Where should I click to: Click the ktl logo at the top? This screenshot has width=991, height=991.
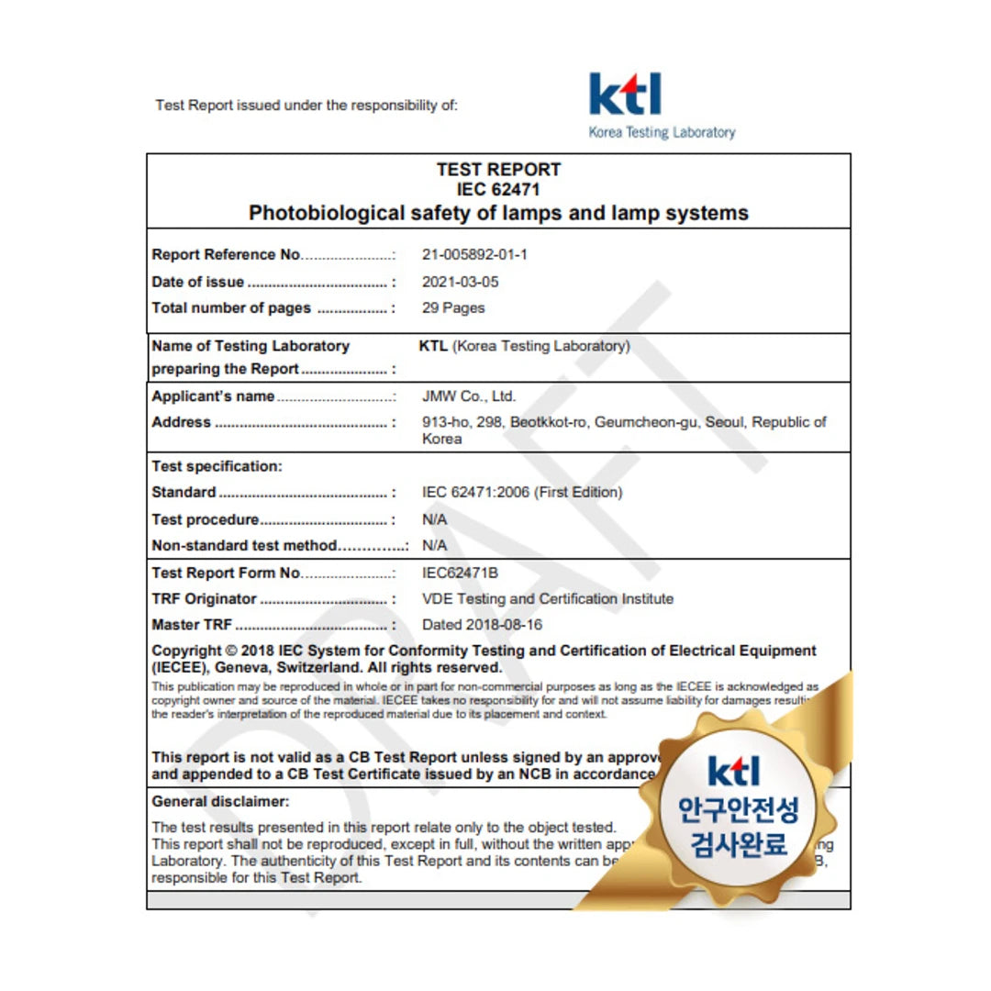(625, 95)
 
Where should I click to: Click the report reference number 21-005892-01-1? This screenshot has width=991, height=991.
(474, 254)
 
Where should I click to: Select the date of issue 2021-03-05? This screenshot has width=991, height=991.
(461, 282)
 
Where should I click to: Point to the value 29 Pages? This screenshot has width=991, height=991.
(453, 308)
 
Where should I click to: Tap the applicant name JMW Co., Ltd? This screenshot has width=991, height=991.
(469, 396)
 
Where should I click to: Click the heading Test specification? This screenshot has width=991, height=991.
(217, 466)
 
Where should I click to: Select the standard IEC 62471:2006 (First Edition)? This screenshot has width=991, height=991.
(522, 493)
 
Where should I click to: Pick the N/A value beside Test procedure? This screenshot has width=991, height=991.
(434, 519)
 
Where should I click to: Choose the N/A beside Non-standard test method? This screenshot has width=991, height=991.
(434, 545)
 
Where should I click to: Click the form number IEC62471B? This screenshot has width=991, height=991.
(460, 573)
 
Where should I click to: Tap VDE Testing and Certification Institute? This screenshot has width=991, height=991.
(548, 599)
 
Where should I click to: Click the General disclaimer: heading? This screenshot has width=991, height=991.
(220, 801)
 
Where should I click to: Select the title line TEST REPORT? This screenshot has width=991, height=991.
(498, 170)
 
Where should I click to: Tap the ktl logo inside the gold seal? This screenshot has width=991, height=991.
(734, 772)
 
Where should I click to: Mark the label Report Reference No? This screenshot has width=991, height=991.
(226, 254)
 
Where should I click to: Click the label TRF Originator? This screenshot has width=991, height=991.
(205, 599)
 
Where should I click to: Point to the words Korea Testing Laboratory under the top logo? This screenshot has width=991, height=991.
(662, 132)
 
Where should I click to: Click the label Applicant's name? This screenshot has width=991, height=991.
(213, 396)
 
